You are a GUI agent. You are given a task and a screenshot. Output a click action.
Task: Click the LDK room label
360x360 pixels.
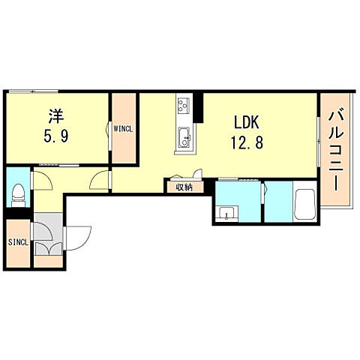pos(246,121)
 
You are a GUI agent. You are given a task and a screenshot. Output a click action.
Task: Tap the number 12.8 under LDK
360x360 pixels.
pos(247,143)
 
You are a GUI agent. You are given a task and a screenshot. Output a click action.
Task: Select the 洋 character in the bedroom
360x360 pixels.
pos(56,116)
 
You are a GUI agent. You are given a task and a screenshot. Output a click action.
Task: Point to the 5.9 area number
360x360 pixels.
pos(56,136)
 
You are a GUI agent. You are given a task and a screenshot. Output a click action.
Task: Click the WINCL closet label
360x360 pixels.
pos(123,129)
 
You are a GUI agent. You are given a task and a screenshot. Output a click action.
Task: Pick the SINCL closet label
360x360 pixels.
pos(18,242)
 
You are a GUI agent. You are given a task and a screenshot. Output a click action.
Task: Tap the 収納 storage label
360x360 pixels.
pos(184,187)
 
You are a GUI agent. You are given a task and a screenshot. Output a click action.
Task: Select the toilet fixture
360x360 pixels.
pos(18,196)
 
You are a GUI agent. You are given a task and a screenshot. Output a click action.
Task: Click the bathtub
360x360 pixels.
pos(304,204)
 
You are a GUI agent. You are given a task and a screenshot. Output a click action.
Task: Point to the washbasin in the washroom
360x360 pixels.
pos(226,214)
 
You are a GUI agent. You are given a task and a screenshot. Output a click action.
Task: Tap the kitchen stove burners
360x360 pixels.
pos(184,106)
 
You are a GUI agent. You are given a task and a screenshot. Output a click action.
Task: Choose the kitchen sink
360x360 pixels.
pos(184,137)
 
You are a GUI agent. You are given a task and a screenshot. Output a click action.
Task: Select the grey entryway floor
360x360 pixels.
pos(48,234)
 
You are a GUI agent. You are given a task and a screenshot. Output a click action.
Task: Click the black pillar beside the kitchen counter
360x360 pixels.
pos(199,108)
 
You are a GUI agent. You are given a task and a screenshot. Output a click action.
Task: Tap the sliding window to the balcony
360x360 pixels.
pos(319,142)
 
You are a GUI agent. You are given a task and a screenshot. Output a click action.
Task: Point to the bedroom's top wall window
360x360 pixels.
pos(32,91)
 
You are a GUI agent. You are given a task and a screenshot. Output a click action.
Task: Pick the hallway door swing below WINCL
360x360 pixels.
pos(100,179)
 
